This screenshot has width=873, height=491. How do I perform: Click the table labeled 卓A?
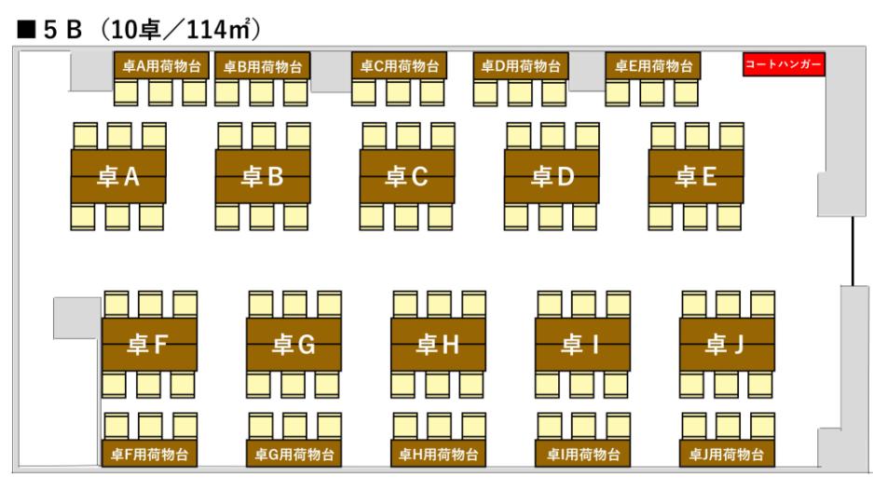(118, 177)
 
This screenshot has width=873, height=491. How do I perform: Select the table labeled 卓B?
(263, 177)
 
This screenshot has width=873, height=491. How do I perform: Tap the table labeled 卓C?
(407, 177)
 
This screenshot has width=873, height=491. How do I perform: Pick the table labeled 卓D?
(552, 177)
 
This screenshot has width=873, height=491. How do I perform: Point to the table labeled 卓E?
(696, 177)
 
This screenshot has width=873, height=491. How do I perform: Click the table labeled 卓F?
(149, 346)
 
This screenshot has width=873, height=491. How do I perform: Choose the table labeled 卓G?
(293, 346)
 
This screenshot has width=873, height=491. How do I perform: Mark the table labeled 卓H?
(438, 346)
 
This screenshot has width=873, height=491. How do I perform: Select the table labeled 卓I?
(582, 346)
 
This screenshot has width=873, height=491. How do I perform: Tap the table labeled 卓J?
(727, 346)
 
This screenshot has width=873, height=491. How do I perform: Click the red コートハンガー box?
(784, 65)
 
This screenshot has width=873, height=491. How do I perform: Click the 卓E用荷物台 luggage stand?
(653, 66)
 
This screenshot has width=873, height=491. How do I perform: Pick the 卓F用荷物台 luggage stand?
(149, 455)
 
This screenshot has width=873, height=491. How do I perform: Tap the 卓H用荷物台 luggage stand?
(438, 455)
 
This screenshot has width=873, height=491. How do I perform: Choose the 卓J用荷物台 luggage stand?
(727, 455)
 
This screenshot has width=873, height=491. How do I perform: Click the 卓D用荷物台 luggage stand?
(521, 66)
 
